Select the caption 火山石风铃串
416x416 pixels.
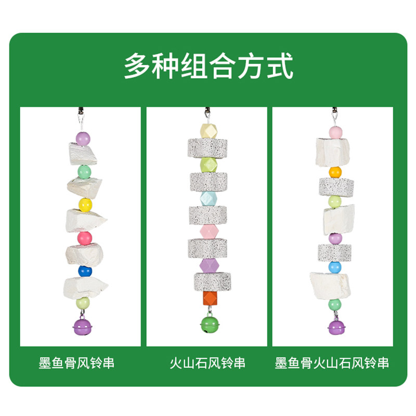207,362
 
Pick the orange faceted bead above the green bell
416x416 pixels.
209,298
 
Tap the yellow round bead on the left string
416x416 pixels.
85,204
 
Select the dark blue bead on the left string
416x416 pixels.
85,272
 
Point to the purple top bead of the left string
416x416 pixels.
83,138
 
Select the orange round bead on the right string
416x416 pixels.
335,172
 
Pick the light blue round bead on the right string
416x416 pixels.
335,267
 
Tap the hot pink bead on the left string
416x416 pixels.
85,238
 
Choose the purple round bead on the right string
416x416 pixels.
335,238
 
